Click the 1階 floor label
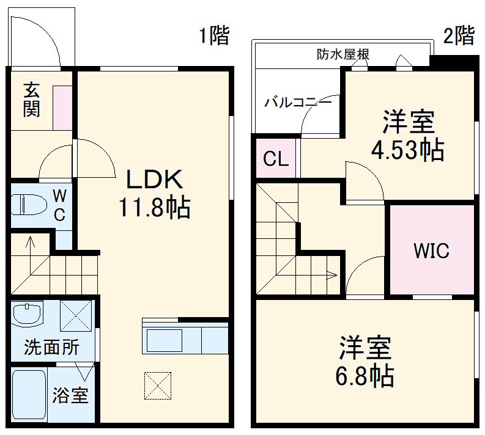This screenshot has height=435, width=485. (x=213, y=36)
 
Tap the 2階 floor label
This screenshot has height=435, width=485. (x=458, y=35)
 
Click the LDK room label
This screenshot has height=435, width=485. (x=154, y=180)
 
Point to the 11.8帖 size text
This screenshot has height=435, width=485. (x=154, y=208)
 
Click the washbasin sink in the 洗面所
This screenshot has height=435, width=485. (x=28, y=315)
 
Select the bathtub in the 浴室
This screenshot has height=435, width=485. (x=29, y=396)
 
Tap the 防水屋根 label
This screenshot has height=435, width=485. (x=342, y=54)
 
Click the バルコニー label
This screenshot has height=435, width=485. (x=298, y=102)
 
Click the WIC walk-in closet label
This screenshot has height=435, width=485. (x=431, y=250)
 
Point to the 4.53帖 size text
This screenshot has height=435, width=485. (x=408, y=150)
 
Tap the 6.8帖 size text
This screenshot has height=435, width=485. (x=365, y=374)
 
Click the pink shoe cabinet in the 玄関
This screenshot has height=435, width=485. (x=62, y=108)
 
